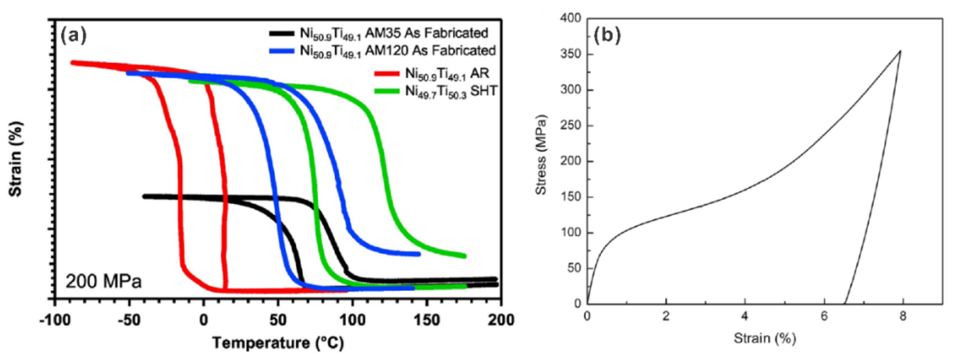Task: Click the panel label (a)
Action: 74,36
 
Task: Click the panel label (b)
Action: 607,36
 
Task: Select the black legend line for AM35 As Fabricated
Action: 283,33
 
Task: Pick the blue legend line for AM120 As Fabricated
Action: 283,51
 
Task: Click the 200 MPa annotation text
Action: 104,281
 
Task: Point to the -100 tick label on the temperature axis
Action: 55,320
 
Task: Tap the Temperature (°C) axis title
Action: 278,343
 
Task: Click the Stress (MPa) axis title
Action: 541,155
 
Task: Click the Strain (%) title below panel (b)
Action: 765,338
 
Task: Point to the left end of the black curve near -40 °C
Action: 144,196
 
